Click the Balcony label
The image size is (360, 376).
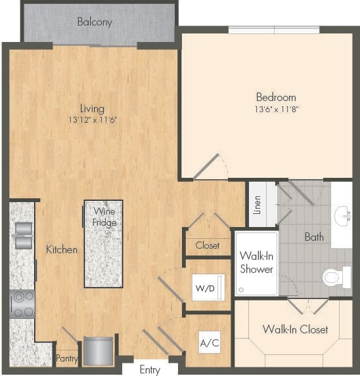point(95,22)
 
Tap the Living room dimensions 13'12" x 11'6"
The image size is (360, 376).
point(92,120)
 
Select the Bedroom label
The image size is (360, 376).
point(276,97)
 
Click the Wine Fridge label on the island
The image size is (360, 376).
point(104,217)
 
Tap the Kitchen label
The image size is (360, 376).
point(62,249)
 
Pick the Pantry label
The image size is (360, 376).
point(66,359)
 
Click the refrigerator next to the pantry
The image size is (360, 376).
point(99,350)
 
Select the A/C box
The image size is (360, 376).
point(208,341)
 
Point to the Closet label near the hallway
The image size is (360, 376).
point(208,245)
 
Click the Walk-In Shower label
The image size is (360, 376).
point(256,262)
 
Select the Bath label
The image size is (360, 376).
point(314,236)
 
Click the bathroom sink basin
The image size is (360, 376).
point(343,215)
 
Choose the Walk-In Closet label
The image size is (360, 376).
point(295,329)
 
